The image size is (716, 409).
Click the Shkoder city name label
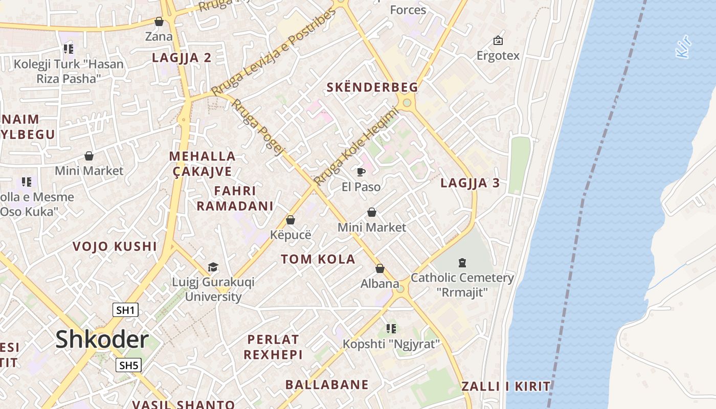point(102,339)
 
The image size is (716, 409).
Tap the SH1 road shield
point(125,310)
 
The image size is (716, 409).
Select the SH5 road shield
point(128,365)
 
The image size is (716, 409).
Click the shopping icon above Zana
point(159,22)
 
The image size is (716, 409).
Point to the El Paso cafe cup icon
point(361,172)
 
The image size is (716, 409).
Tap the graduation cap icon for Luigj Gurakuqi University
point(213,267)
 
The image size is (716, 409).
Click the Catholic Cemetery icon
point(462,263)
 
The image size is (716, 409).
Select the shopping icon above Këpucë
point(290,220)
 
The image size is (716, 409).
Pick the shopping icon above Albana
point(380,268)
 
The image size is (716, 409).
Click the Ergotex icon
point(498,40)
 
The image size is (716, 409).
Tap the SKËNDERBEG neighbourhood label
point(372,87)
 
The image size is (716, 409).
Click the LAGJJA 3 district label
point(470,183)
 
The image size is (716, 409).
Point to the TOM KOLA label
point(318,259)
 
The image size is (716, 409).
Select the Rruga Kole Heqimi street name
point(355,146)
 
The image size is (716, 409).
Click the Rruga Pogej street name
point(258,127)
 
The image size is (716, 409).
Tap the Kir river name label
point(684,46)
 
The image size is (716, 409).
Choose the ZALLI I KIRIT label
point(506,387)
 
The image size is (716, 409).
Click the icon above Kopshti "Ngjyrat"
point(391,328)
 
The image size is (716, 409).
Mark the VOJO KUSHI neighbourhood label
point(115,246)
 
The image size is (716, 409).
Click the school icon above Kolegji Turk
point(69,49)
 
